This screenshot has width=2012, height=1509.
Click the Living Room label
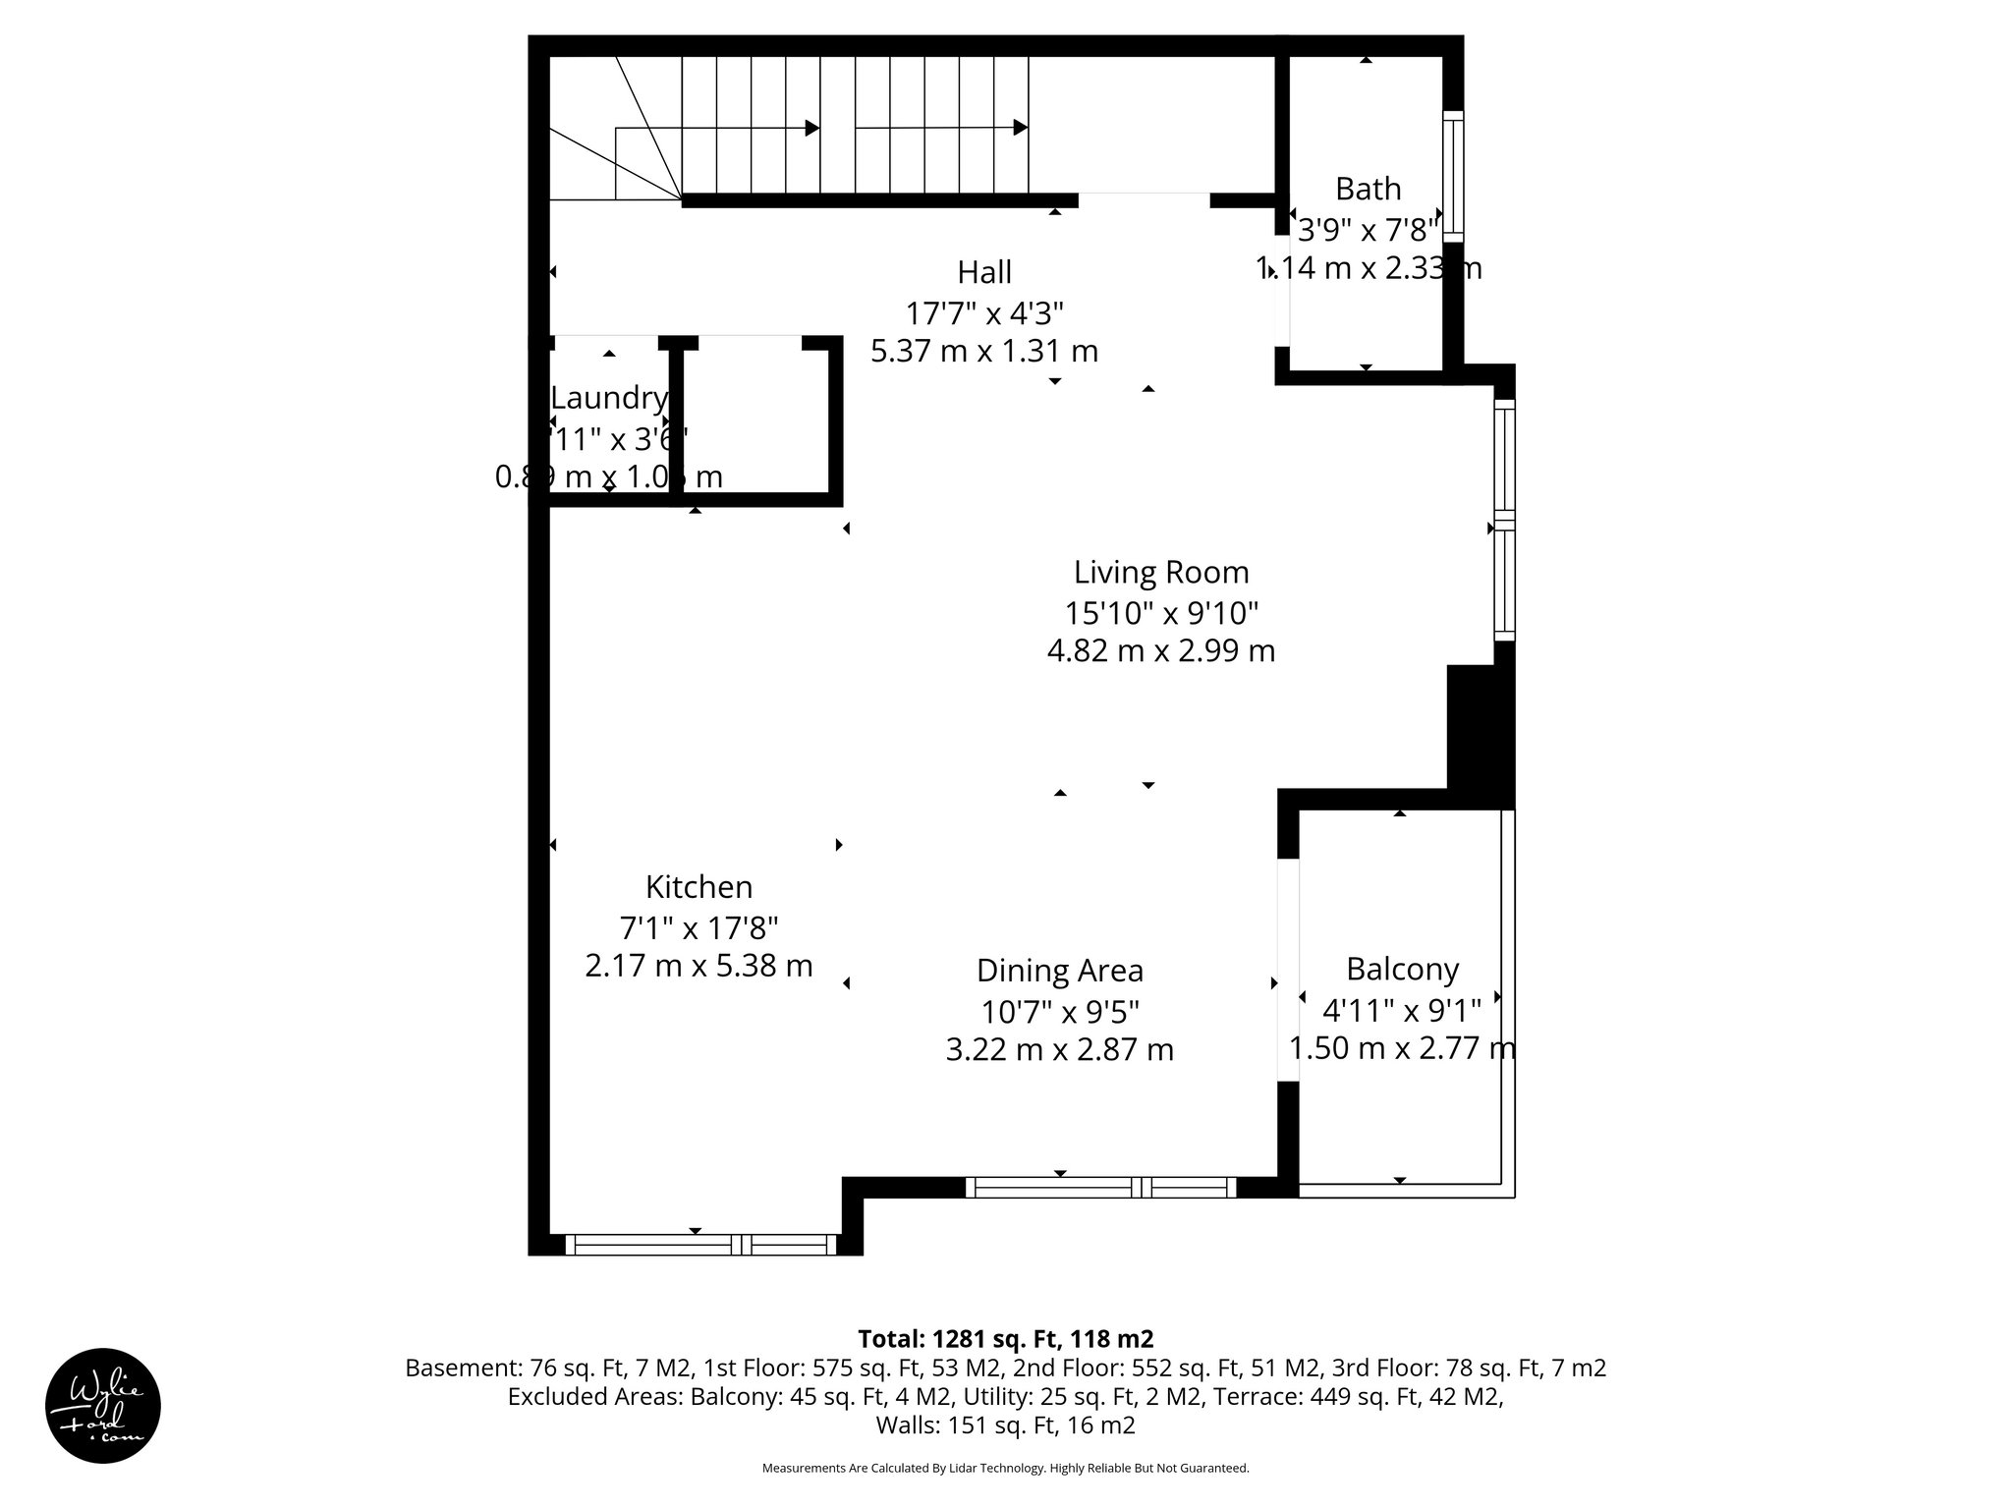(1160, 572)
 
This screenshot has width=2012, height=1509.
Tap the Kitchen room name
(699, 887)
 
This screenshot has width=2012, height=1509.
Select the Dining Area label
(1059, 971)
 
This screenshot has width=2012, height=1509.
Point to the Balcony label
(1402, 970)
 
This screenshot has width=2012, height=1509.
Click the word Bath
(1368, 189)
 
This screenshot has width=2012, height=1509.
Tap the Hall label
(984, 272)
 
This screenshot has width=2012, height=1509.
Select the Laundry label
(609, 398)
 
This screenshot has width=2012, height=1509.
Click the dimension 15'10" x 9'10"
(1160, 613)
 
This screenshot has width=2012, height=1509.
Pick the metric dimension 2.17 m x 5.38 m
(699, 966)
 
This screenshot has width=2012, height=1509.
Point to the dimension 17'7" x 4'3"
(984, 313)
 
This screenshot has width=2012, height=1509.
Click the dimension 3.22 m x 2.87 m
(1059, 1050)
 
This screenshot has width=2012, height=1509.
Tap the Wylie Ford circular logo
(103, 1406)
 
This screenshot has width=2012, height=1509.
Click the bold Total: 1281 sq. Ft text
(1005, 1339)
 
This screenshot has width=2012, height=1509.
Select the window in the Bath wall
(1453, 177)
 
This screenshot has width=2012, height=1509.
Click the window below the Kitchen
(700, 1245)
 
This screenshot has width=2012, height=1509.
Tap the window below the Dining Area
(1100, 1187)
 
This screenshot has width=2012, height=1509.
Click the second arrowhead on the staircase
(1020, 128)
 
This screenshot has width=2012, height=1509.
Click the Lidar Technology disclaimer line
(1005, 1468)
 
